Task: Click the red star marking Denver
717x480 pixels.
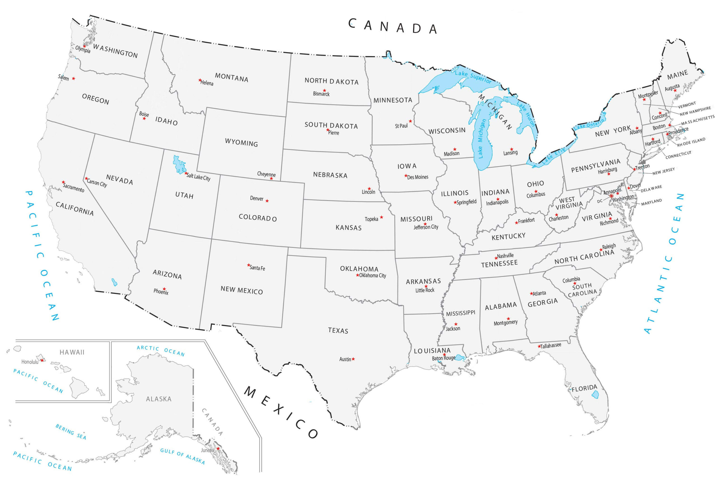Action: click(267, 201)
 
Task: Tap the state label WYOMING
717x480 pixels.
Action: click(241, 143)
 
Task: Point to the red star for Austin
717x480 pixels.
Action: click(353, 359)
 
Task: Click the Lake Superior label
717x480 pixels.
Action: click(473, 77)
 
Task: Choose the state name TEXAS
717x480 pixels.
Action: click(338, 330)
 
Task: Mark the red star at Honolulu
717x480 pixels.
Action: click(42, 360)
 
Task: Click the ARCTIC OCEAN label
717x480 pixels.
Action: click(160, 351)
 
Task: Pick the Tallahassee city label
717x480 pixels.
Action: click(551, 346)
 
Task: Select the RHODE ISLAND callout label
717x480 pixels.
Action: click(691, 142)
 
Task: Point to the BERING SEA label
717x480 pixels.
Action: click(71, 431)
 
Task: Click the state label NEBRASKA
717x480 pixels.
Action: click(330, 175)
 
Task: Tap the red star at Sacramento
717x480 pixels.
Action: click(63, 182)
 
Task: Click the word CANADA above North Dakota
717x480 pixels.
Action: click(393, 27)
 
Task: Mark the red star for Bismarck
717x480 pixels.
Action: click(324, 91)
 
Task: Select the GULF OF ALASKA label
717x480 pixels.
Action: click(183, 456)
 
